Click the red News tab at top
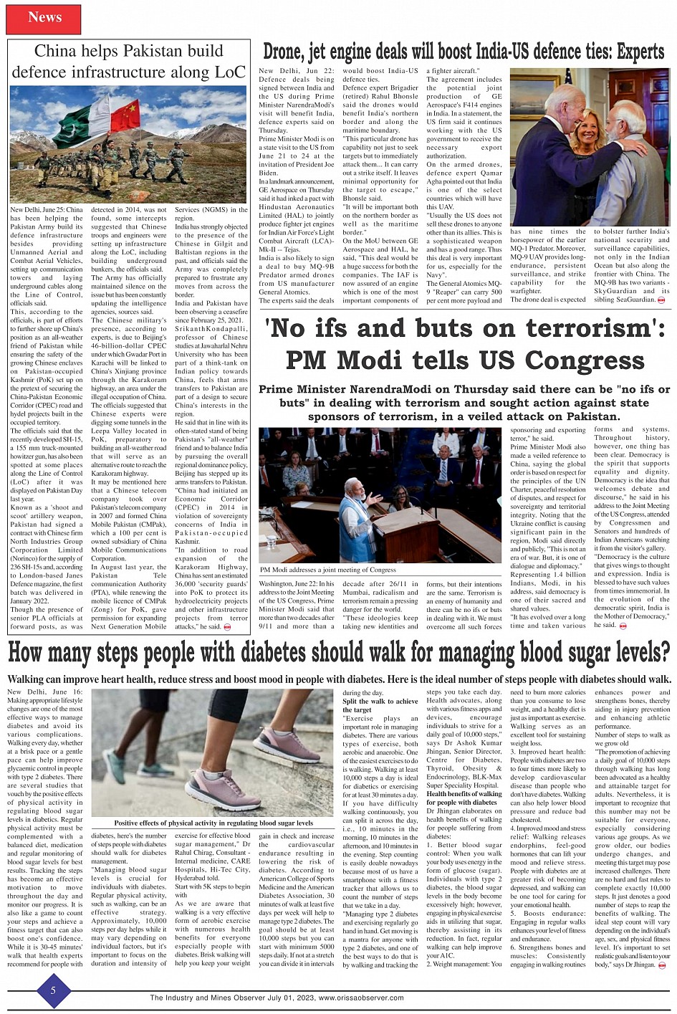(44, 17)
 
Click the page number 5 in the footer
(52, 990)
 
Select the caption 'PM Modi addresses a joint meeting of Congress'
(329, 570)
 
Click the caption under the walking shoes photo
(213, 823)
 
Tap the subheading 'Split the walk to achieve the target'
(380, 705)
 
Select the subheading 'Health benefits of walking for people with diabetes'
(464, 798)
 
